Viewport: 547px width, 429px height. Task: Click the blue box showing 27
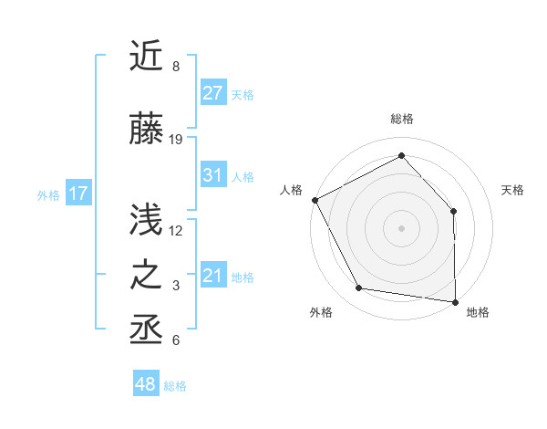tap(213, 93)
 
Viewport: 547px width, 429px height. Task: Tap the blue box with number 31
tap(213, 175)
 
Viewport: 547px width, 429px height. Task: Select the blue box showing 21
tap(213, 276)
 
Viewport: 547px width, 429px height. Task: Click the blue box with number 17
tap(77, 194)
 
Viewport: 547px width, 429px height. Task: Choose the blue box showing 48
tap(146, 384)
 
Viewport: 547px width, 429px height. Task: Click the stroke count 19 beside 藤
tap(176, 140)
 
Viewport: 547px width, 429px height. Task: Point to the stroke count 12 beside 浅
tap(176, 230)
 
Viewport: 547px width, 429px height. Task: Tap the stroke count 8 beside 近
tap(175, 67)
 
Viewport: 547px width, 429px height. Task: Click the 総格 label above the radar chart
tap(402, 120)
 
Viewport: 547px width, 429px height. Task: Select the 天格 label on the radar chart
tap(513, 190)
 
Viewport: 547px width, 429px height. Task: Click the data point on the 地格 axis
tap(456, 300)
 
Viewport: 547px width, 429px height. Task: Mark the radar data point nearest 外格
tap(359, 288)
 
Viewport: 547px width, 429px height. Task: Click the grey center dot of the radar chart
tap(402, 227)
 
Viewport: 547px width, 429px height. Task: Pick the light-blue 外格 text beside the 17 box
tap(47, 194)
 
